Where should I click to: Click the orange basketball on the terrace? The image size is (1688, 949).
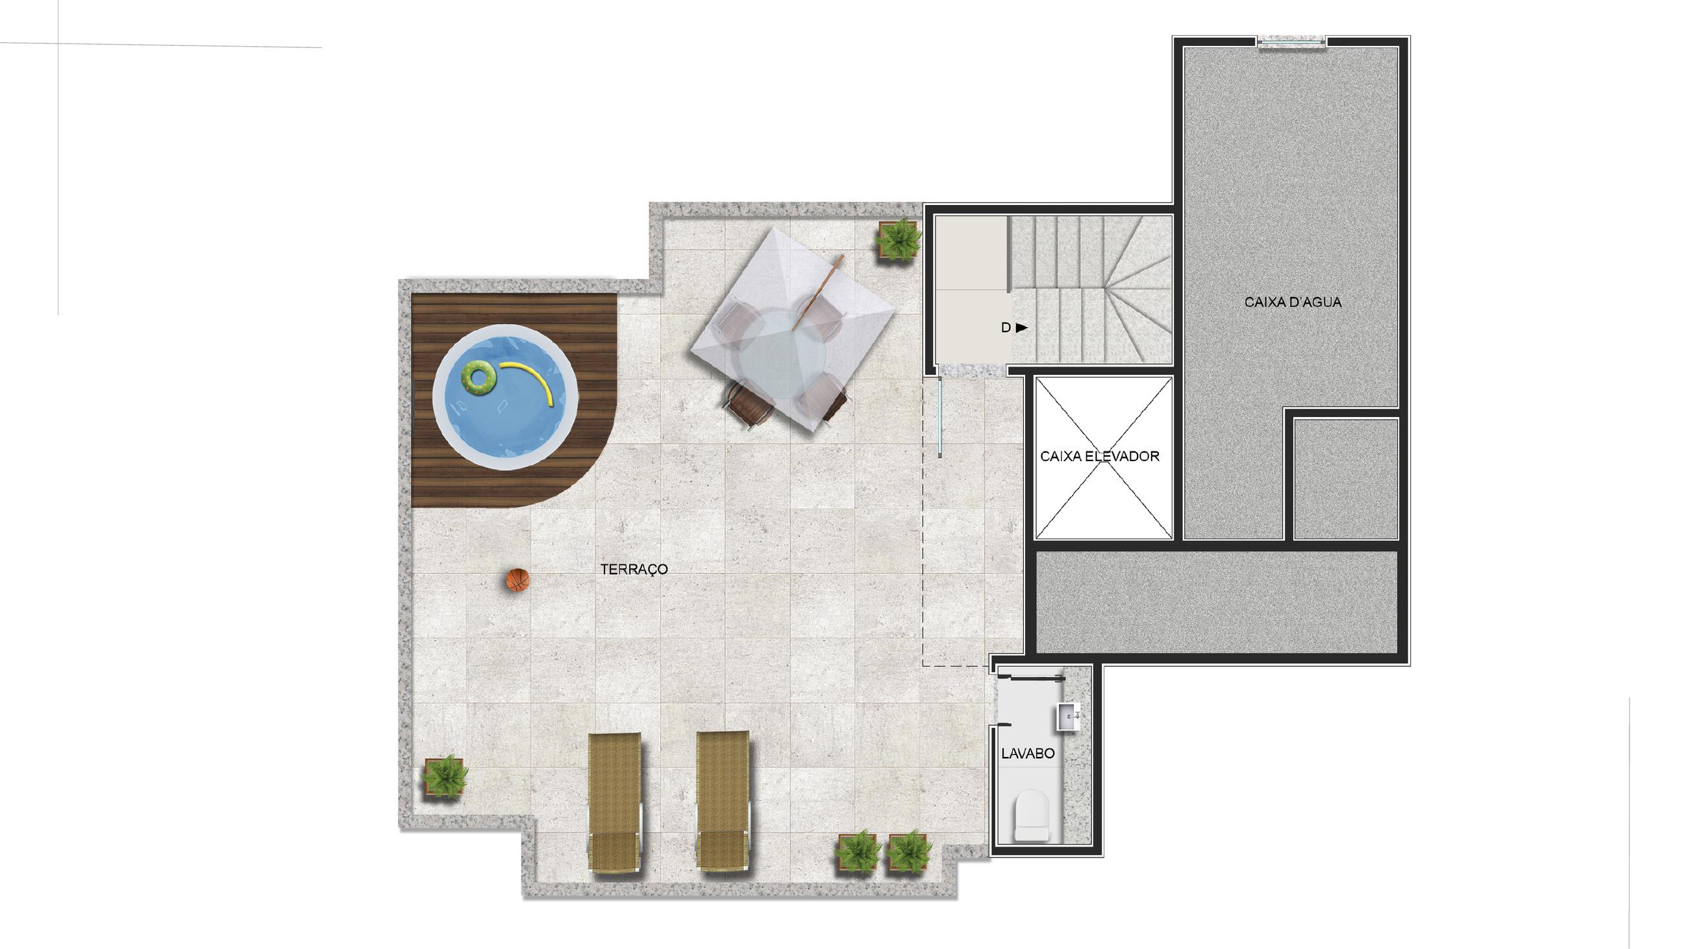pyautogui.click(x=517, y=581)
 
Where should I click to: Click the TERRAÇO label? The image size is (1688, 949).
pyautogui.click(x=634, y=569)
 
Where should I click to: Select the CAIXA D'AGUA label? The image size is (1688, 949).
pyautogui.click(x=1292, y=302)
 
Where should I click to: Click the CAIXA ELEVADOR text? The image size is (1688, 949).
pyautogui.click(x=1100, y=456)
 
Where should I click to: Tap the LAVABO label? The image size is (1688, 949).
pyautogui.click(x=1028, y=753)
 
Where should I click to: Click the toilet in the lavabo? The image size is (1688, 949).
pyautogui.click(x=1032, y=816)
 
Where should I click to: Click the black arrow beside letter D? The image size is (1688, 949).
pyautogui.click(x=1022, y=328)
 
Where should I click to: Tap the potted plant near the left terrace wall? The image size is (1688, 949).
pyautogui.click(x=445, y=777)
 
